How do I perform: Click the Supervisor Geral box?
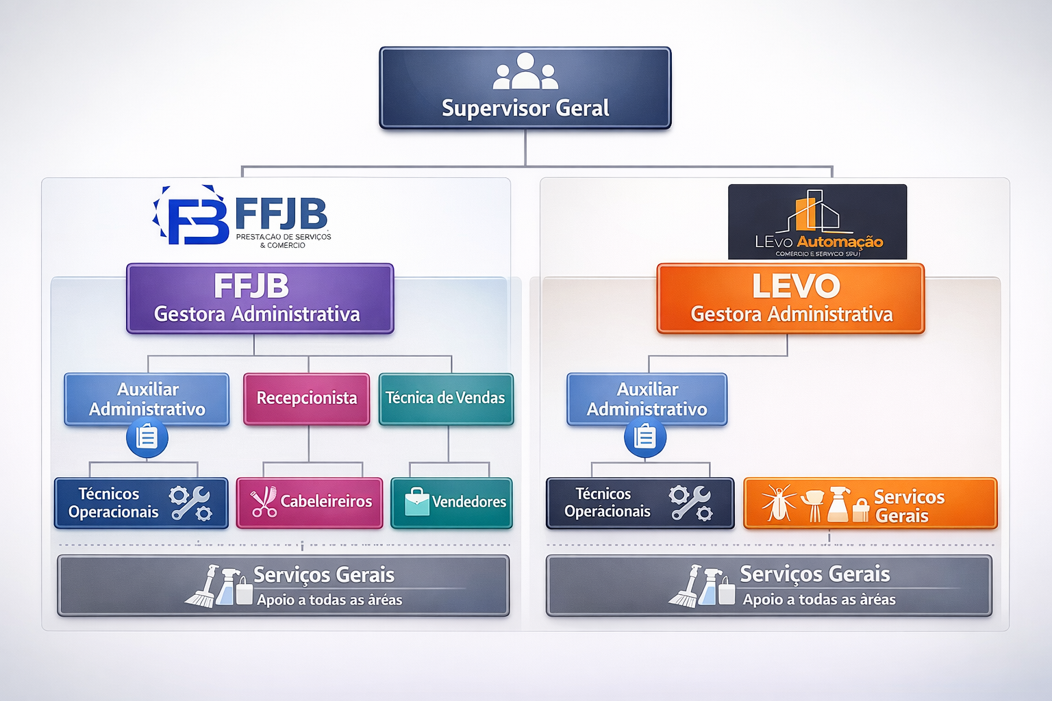click(525, 88)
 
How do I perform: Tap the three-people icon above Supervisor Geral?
click(525, 72)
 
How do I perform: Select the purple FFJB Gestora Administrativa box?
click(260, 298)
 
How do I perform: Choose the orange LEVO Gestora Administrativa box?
click(790, 298)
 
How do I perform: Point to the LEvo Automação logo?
click(817, 222)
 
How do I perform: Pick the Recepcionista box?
click(306, 398)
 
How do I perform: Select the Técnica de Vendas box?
click(446, 398)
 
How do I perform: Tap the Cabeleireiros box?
click(310, 502)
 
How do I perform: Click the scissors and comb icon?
click(264, 502)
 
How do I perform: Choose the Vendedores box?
click(451, 502)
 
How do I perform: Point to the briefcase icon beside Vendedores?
click(416, 502)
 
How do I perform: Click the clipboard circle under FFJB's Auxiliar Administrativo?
click(147, 437)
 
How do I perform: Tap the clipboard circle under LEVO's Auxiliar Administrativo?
click(644, 437)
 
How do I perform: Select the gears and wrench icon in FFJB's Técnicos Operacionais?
click(190, 504)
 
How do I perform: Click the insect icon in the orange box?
click(779, 504)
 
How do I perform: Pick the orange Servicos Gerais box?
click(870, 504)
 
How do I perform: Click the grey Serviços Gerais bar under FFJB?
click(283, 586)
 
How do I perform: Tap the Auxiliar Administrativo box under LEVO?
click(647, 399)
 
